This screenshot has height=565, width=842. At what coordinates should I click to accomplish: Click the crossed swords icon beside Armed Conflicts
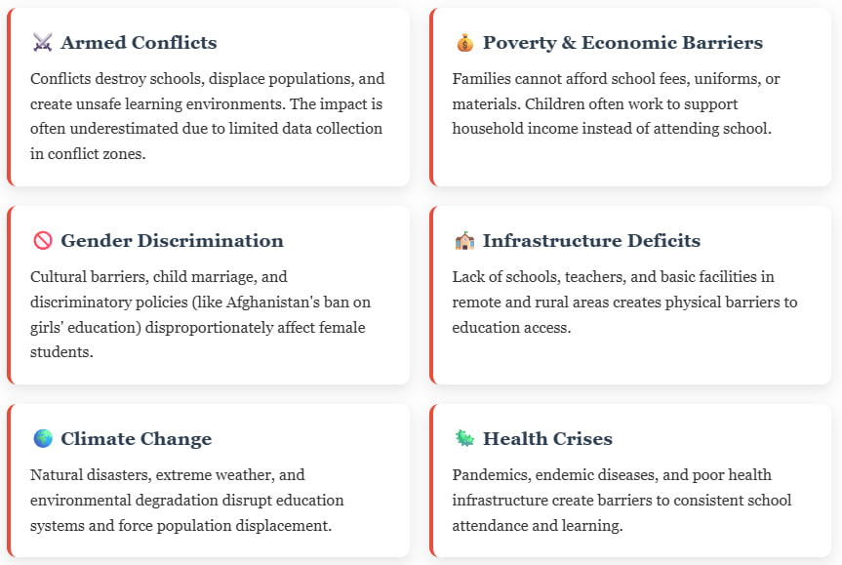[x=42, y=42]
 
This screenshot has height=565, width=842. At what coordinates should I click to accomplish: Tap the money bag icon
[x=465, y=42]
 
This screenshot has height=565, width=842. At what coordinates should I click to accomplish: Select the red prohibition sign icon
[x=43, y=241]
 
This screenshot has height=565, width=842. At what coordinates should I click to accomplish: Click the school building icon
[x=465, y=241]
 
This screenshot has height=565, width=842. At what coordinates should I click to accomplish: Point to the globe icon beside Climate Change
[x=43, y=439]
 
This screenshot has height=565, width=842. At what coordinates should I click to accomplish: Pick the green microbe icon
[x=465, y=439]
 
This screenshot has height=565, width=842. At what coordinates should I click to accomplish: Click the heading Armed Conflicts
[x=140, y=42]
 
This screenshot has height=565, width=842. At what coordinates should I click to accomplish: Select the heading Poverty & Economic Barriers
[x=622, y=42]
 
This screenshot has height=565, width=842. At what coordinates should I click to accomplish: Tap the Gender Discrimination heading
[x=172, y=241]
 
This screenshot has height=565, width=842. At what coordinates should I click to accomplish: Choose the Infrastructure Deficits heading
[x=592, y=241]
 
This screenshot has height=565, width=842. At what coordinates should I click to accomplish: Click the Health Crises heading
[x=547, y=439]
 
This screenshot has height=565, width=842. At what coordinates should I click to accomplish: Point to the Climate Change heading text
[x=137, y=439]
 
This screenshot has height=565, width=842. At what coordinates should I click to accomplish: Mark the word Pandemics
[x=492, y=475]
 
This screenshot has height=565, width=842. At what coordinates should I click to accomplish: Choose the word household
[x=488, y=129]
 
